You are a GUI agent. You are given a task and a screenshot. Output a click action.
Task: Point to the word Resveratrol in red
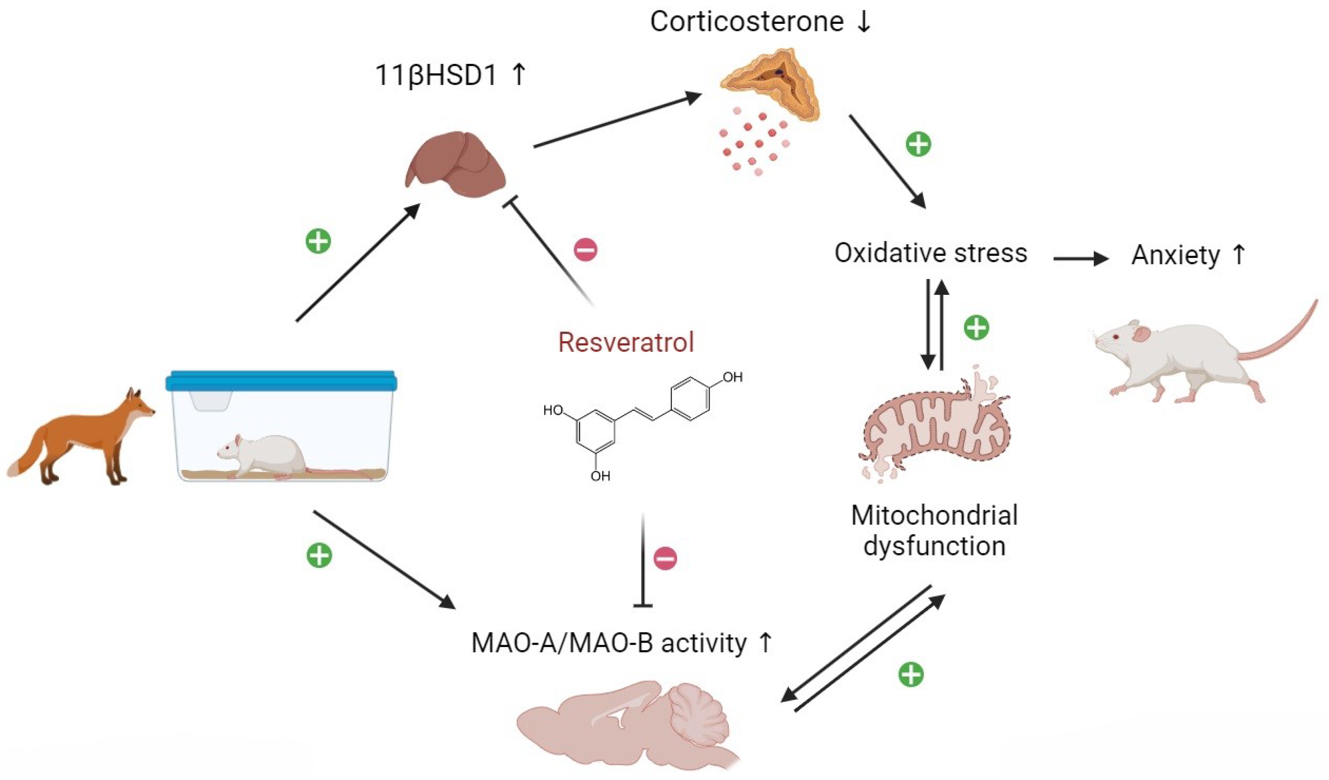point(626,342)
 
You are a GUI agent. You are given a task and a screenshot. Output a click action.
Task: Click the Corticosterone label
point(746,22)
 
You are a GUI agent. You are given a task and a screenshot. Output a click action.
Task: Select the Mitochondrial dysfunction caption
point(934,530)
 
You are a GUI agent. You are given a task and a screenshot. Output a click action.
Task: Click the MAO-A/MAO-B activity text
point(609,643)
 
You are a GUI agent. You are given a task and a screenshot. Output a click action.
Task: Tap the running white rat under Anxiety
point(1187,359)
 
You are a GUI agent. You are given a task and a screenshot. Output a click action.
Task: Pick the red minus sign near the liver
point(586,249)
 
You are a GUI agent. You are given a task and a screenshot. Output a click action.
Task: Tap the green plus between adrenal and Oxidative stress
point(918,144)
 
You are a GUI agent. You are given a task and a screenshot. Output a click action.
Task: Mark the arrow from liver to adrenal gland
point(617,120)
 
